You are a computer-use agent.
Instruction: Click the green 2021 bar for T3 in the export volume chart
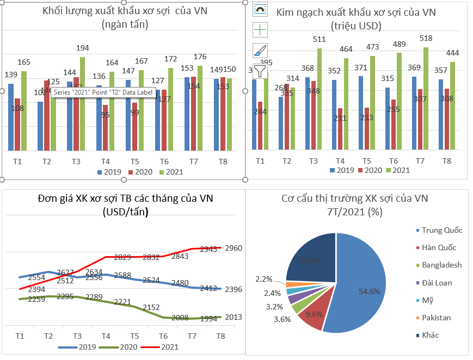pos(83,103)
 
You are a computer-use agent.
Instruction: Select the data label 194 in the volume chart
pos(83,48)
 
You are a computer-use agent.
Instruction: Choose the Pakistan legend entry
pos(436,318)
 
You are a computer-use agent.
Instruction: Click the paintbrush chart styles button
pos(260,50)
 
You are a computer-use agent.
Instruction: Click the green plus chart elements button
pos(260,30)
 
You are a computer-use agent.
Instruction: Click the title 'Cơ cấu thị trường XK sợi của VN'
pos(355,198)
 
